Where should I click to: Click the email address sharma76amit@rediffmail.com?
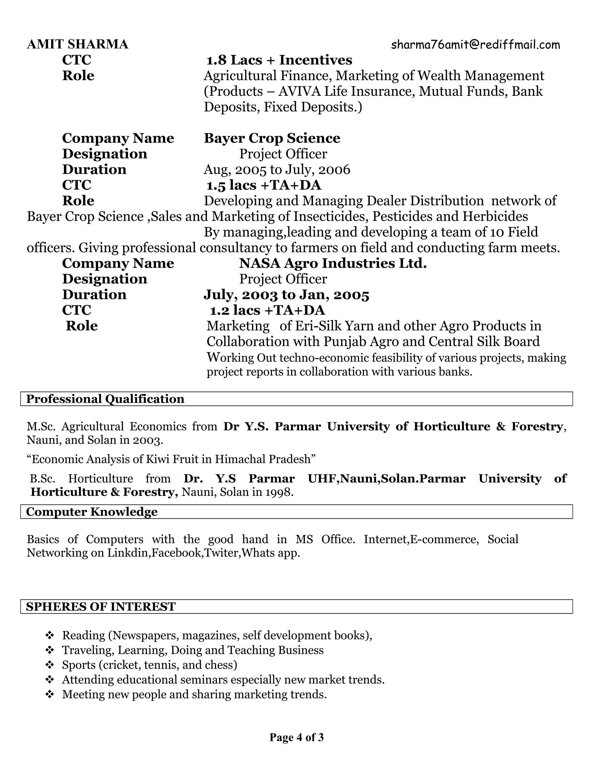click(475, 45)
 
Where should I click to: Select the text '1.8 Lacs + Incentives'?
click(279, 60)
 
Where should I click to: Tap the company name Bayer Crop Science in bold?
click(272, 138)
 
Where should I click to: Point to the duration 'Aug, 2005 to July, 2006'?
click(277, 169)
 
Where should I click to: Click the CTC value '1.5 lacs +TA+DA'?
click(264, 185)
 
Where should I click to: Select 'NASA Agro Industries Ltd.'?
click(333, 263)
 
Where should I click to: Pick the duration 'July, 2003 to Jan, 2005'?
click(286, 295)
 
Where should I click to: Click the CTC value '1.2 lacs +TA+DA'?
click(267, 310)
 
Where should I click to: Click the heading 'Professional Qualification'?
click(105, 399)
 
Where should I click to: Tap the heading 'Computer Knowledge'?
click(92, 511)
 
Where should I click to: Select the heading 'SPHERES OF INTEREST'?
click(101, 606)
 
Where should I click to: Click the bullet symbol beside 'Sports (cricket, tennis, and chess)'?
click(50, 665)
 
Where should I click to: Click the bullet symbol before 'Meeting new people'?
click(50, 694)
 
